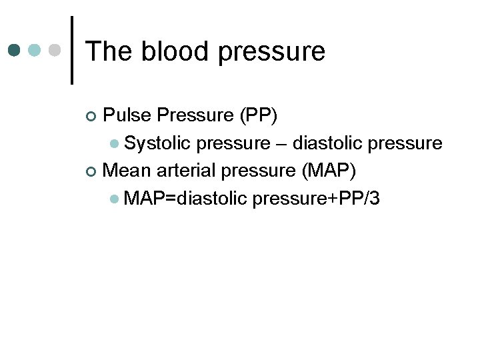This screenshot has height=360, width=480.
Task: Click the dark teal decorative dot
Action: point(15,51)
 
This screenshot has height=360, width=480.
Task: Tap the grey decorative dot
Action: point(56,51)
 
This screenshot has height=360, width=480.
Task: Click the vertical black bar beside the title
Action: point(72,50)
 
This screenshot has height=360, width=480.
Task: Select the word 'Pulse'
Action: point(127,115)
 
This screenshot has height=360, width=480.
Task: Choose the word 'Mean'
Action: point(128,171)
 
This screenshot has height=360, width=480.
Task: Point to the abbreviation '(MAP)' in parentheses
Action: point(329,171)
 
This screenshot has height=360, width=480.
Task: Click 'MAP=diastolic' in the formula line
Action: point(185,198)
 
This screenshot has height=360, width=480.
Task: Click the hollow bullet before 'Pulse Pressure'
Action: point(92,117)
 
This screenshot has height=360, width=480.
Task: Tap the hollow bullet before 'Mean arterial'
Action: point(92,171)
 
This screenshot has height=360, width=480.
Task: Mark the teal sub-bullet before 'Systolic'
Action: point(115,144)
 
